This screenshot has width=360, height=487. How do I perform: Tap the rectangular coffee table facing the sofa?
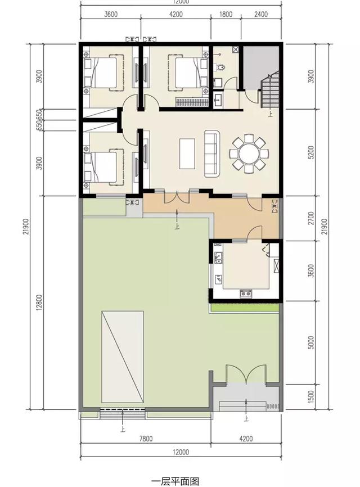pyautogui.click(x=188, y=153)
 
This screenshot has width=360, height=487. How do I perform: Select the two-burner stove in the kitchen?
pyautogui.click(x=245, y=292)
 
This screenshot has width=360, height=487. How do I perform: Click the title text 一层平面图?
pyautogui.click(x=175, y=481)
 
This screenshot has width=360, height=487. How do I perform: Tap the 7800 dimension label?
pyautogui.click(x=145, y=439)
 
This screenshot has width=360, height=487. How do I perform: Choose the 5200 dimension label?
pyautogui.click(x=312, y=153)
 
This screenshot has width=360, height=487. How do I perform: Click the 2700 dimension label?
pyautogui.click(x=312, y=217)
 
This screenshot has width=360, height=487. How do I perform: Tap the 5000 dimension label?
pyautogui.click(x=312, y=342)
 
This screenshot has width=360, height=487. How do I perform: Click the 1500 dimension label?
pyautogui.click(x=312, y=396)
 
